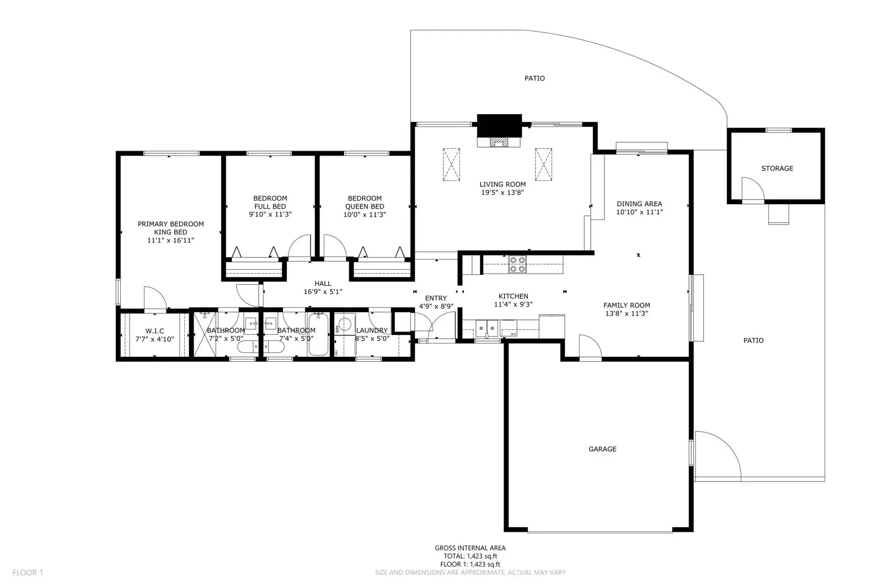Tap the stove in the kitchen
click(x=517, y=265)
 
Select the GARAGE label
click(x=602, y=449)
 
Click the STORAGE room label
click(x=777, y=168)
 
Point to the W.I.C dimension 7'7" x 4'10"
click(x=154, y=339)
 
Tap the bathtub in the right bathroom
click(x=318, y=334)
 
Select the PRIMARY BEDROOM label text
click(x=170, y=224)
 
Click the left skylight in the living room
click(x=451, y=164)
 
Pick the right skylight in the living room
click(x=543, y=164)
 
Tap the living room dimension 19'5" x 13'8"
click(x=502, y=193)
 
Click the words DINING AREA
click(x=639, y=204)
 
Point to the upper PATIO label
click(x=534, y=78)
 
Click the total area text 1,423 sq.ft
click(x=470, y=556)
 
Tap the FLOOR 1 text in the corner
click(x=28, y=573)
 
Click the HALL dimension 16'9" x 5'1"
click(x=323, y=292)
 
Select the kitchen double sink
click(x=487, y=328)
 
